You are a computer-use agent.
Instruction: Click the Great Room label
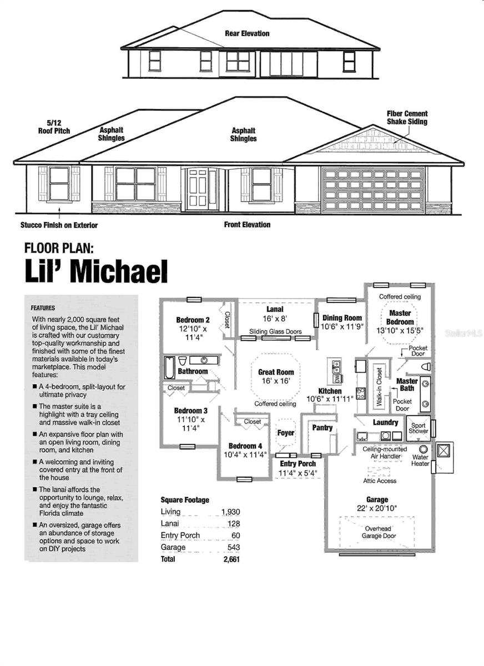click(276, 372)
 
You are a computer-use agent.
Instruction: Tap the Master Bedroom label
click(400, 317)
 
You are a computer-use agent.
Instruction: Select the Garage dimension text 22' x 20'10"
click(377, 508)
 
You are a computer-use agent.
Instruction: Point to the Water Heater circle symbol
click(423, 448)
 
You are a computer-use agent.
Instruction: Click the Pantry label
click(322, 428)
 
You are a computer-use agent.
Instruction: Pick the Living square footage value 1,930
click(230, 511)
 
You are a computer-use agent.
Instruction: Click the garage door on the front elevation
click(374, 190)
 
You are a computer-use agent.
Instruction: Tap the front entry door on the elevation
click(198, 189)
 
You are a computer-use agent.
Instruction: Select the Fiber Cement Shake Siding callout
click(407, 118)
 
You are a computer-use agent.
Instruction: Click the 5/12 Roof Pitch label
click(54, 127)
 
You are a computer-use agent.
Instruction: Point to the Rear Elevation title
click(247, 33)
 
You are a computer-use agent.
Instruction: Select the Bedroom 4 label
click(245, 446)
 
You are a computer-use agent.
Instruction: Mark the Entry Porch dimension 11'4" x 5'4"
click(298, 473)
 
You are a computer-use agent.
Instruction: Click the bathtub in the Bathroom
click(169, 367)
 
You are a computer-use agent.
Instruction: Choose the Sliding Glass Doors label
click(275, 332)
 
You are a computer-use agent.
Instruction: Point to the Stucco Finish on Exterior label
click(59, 225)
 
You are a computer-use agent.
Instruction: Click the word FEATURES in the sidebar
click(43, 307)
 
